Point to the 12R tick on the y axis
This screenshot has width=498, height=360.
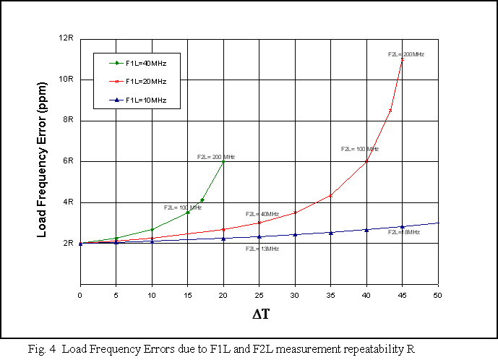click(66, 38)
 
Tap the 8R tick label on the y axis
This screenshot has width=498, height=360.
click(69, 120)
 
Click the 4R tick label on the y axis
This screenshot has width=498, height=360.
click(69, 202)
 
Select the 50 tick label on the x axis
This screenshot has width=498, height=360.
click(437, 294)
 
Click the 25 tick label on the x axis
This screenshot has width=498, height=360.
click(259, 294)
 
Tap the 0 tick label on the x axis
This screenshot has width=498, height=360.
click(80, 294)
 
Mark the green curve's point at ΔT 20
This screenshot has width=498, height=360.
click(223, 161)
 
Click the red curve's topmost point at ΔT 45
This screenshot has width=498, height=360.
click(402, 59)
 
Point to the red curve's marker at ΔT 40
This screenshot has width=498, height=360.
click(366, 161)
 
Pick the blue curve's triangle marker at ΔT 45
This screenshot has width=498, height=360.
click(402, 227)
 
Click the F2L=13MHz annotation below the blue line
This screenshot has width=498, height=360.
click(262, 249)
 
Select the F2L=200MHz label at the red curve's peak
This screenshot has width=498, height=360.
click(405, 54)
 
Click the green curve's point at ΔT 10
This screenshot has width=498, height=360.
click(152, 229)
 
